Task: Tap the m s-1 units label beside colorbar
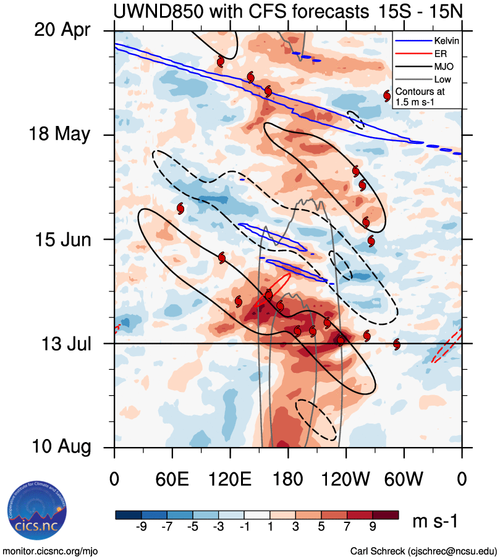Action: [x=435, y=522]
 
